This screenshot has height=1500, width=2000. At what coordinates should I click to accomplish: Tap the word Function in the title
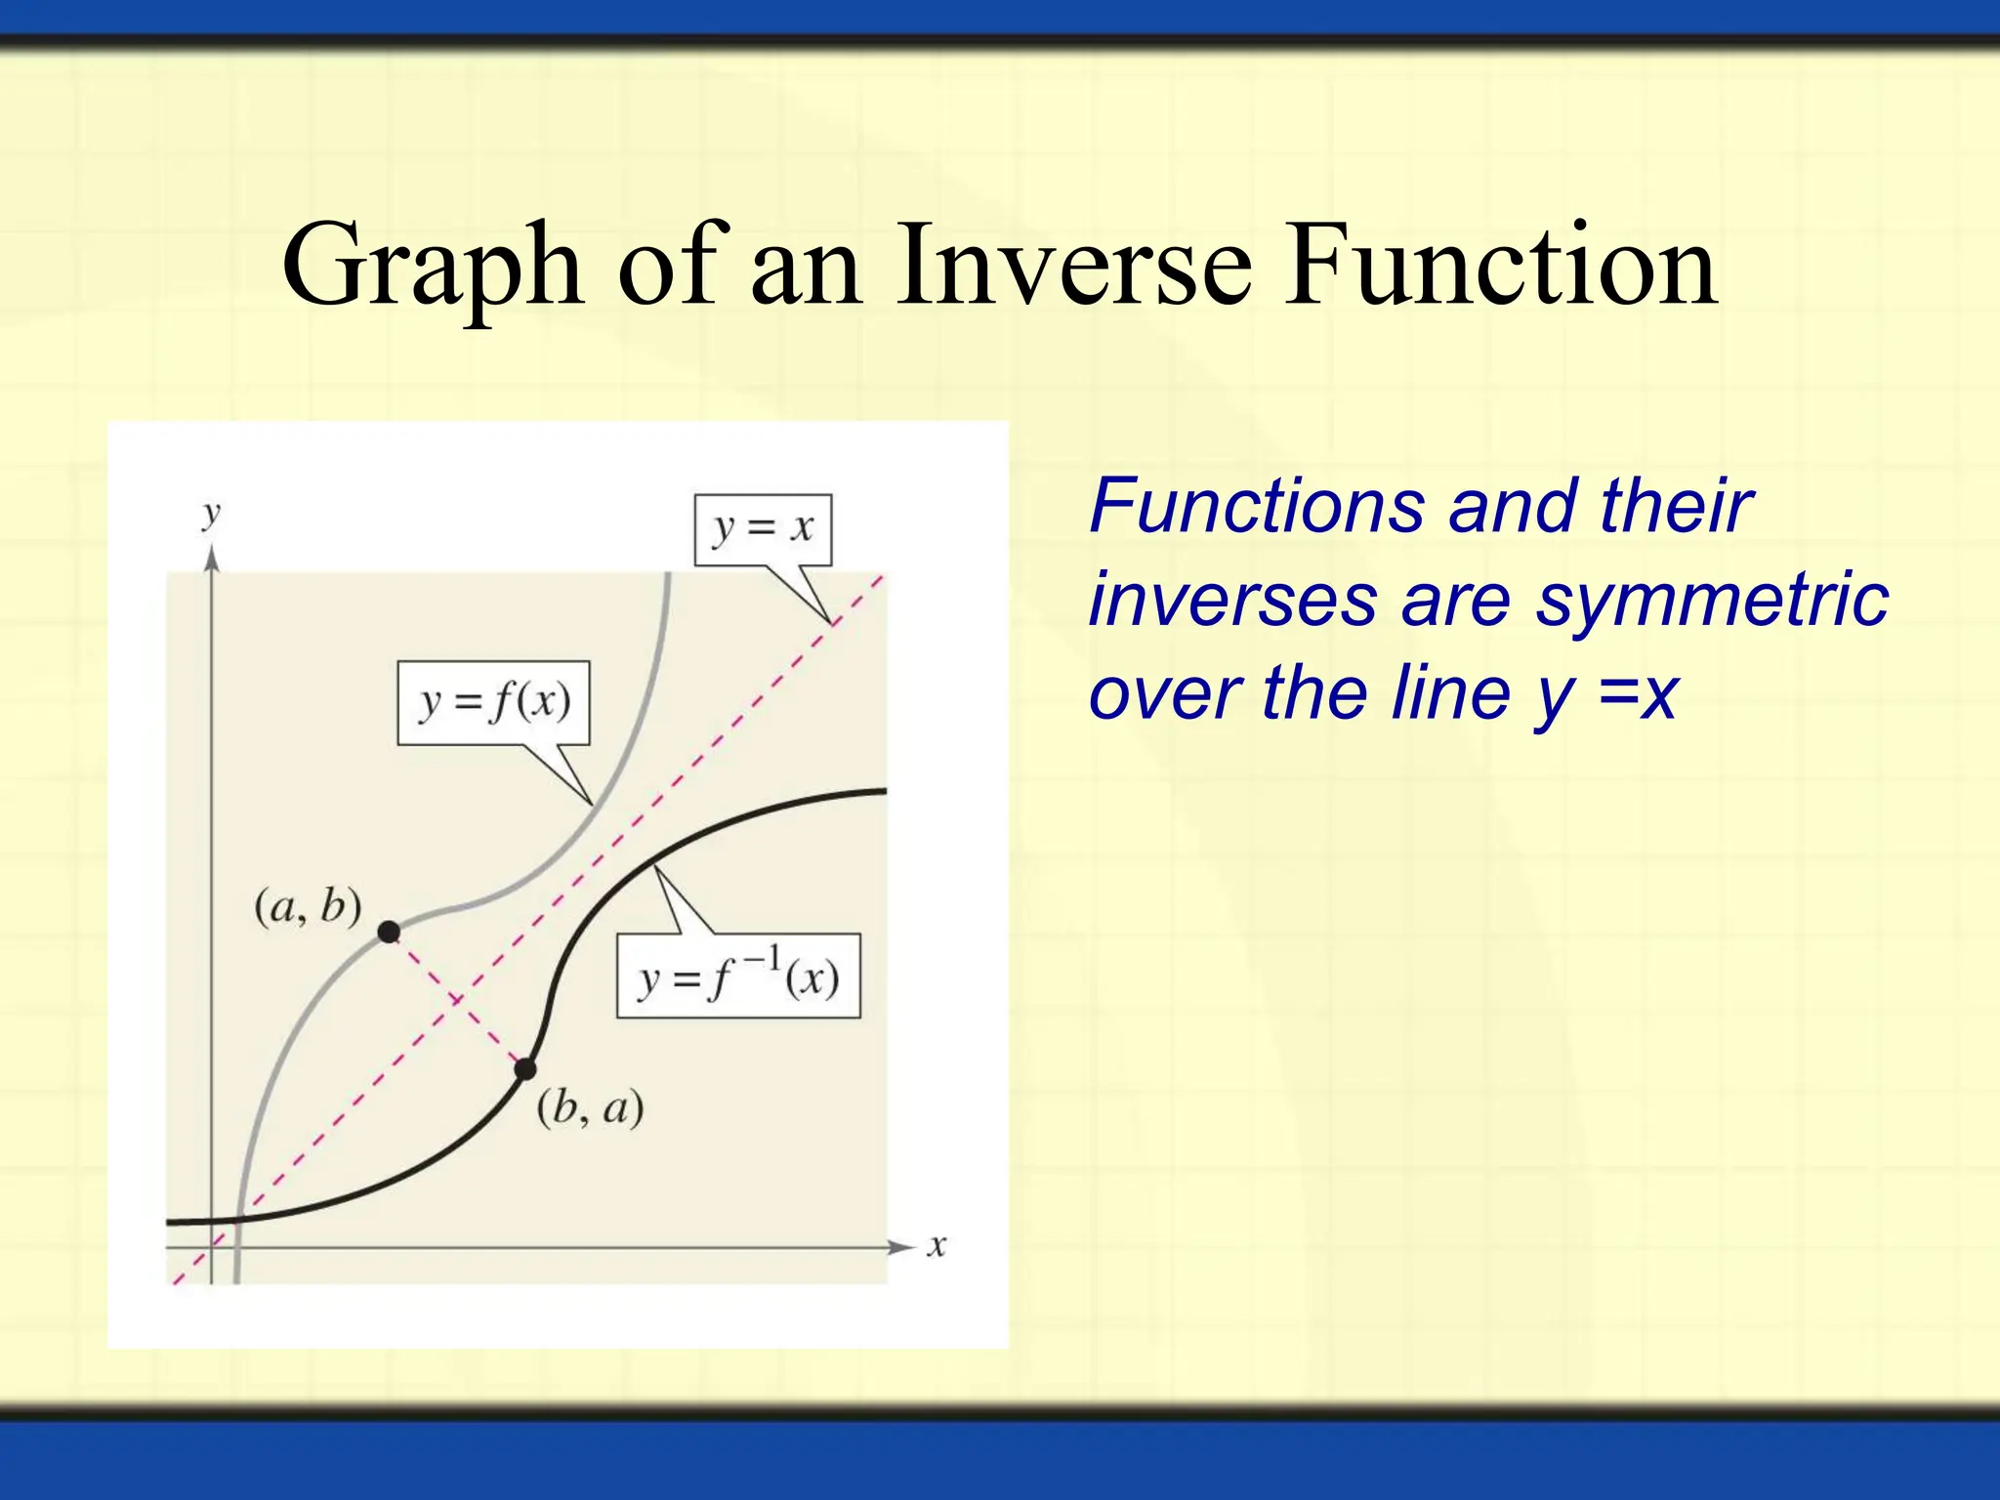(x=1500, y=266)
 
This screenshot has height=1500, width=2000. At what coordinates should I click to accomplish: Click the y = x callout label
(x=763, y=528)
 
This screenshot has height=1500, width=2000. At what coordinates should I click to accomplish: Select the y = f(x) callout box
(x=493, y=702)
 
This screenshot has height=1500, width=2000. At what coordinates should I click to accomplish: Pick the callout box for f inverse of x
(x=738, y=977)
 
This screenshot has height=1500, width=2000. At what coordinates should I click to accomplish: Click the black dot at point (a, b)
(x=389, y=932)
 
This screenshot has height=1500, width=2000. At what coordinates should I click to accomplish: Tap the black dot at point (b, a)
(x=525, y=1068)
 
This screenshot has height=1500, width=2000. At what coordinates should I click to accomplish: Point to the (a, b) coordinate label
(x=308, y=907)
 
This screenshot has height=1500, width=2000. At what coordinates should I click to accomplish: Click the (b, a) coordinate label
(x=590, y=1108)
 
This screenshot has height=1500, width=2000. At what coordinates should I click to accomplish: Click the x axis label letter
(x=937, y=1247)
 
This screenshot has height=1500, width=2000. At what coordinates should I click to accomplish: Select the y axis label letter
(x=210, y=514)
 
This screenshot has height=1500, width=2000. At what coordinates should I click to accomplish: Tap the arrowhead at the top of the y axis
(x=212, y=559)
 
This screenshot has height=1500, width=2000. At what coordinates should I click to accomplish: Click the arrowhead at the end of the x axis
(x=900, y=1247)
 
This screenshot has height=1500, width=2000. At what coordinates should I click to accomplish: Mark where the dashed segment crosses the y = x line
(x=456, y=999)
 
